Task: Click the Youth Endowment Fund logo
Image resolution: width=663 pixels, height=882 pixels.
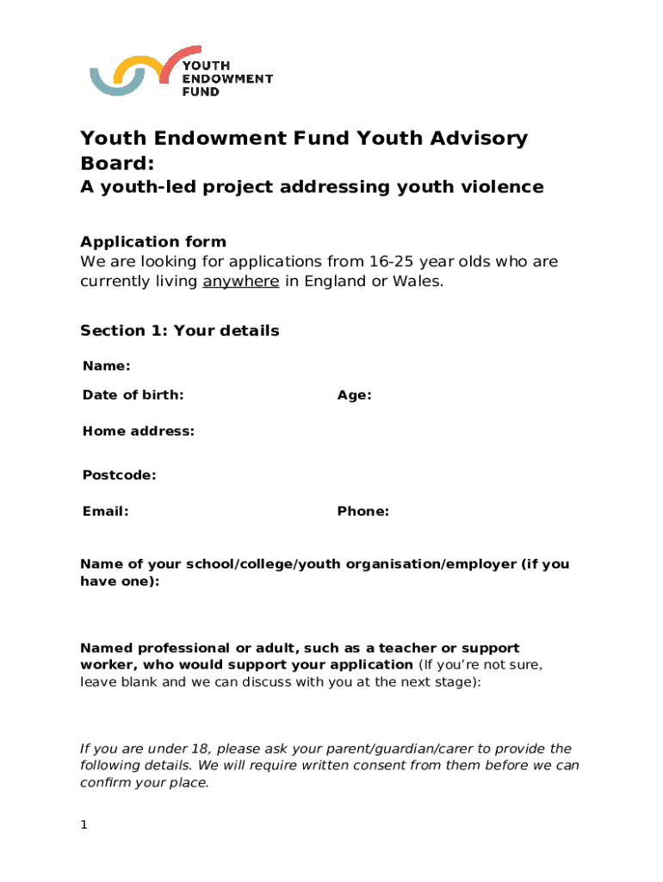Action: point(181,71)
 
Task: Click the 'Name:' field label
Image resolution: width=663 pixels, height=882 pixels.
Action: point(106,367)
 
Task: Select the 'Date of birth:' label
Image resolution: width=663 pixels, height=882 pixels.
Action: point(133,395)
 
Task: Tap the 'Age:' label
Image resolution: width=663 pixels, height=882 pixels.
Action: point(354,395)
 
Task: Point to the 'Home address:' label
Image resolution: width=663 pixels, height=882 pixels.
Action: point(138,432)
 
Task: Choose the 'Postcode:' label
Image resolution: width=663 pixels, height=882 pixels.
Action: point(119,475)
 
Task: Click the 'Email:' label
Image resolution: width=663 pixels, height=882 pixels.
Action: point(105,512)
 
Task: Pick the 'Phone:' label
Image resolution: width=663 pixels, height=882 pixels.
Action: point(362,512)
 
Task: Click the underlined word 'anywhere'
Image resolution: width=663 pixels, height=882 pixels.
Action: point(240,282)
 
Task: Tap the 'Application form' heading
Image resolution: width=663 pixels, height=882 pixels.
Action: point(152,242)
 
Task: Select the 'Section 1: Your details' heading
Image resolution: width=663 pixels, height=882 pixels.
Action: point(179,331)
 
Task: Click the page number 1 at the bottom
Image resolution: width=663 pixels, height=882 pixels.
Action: point(84,825)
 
